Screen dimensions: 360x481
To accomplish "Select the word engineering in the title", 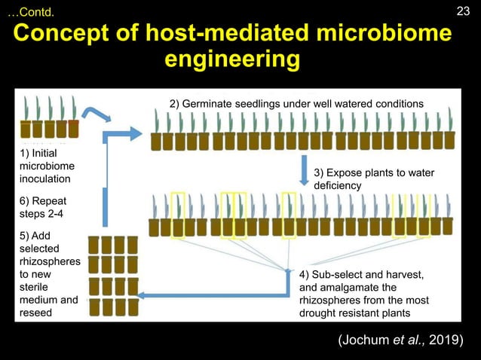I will tap(237, 59).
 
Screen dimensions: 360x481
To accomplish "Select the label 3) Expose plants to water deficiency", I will tap(373, 179).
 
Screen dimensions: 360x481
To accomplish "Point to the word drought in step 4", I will tap(318, 313).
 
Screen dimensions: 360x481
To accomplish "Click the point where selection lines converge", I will tap(290, 270).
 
